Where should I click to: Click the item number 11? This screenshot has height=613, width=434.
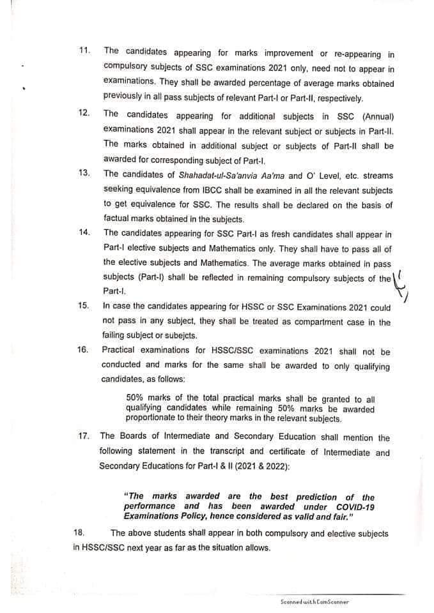84,50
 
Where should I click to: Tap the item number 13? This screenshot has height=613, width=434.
84,174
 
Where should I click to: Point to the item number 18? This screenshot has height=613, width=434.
80,533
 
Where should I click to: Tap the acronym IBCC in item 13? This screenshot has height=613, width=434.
203,190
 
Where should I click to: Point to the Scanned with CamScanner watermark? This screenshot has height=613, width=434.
314,602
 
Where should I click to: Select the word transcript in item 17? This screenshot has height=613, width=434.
208,453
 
